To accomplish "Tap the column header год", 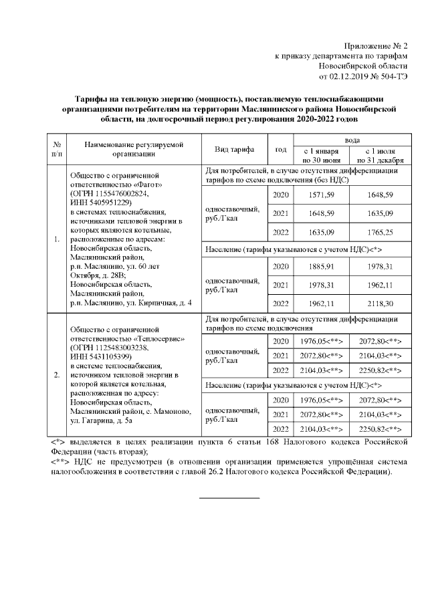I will click(280, 149).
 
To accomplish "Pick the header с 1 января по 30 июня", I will click(321, 156).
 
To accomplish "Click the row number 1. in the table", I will click(57, 239).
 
